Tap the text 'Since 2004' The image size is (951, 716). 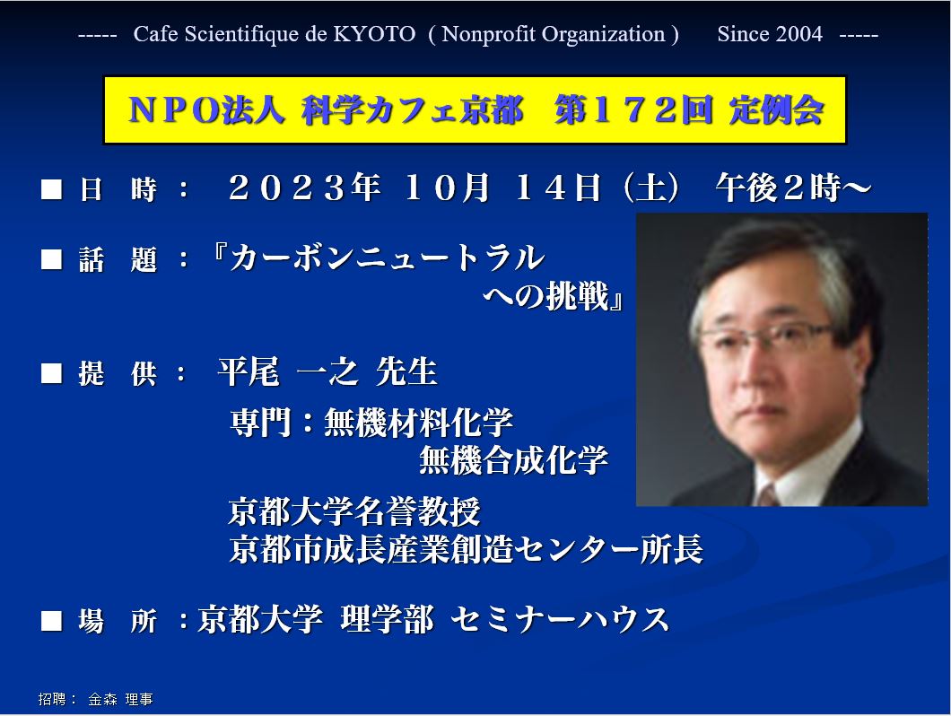[770, 34]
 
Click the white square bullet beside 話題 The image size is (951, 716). [51, 259]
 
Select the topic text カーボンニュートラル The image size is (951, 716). [387, 258]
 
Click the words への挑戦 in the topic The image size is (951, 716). [545, 296]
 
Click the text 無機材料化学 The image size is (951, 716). [418, 423]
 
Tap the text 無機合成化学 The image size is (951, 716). [513, 460]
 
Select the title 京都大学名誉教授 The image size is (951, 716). [354, 511]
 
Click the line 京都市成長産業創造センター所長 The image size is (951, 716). [466, 549]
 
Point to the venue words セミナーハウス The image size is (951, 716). [560, 619]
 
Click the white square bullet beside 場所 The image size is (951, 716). [51, 621]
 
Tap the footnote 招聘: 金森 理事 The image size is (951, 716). [95, 699]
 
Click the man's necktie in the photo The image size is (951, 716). [767, 496]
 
